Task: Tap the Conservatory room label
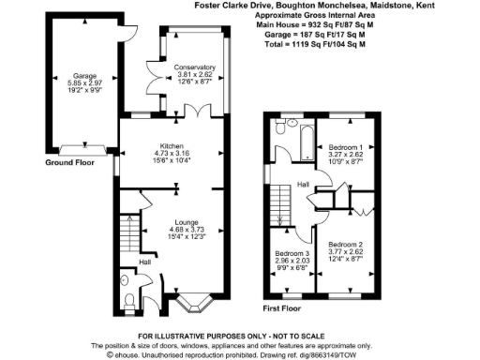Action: pyautogui.click(x=195, y=67)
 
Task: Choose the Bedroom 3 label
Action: pyautogui.click(x=290, y=254)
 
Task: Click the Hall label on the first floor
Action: pyautogui.click(x=303, y=184)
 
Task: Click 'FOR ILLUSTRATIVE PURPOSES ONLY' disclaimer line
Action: pyautogui.click(x=239, y=336)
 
